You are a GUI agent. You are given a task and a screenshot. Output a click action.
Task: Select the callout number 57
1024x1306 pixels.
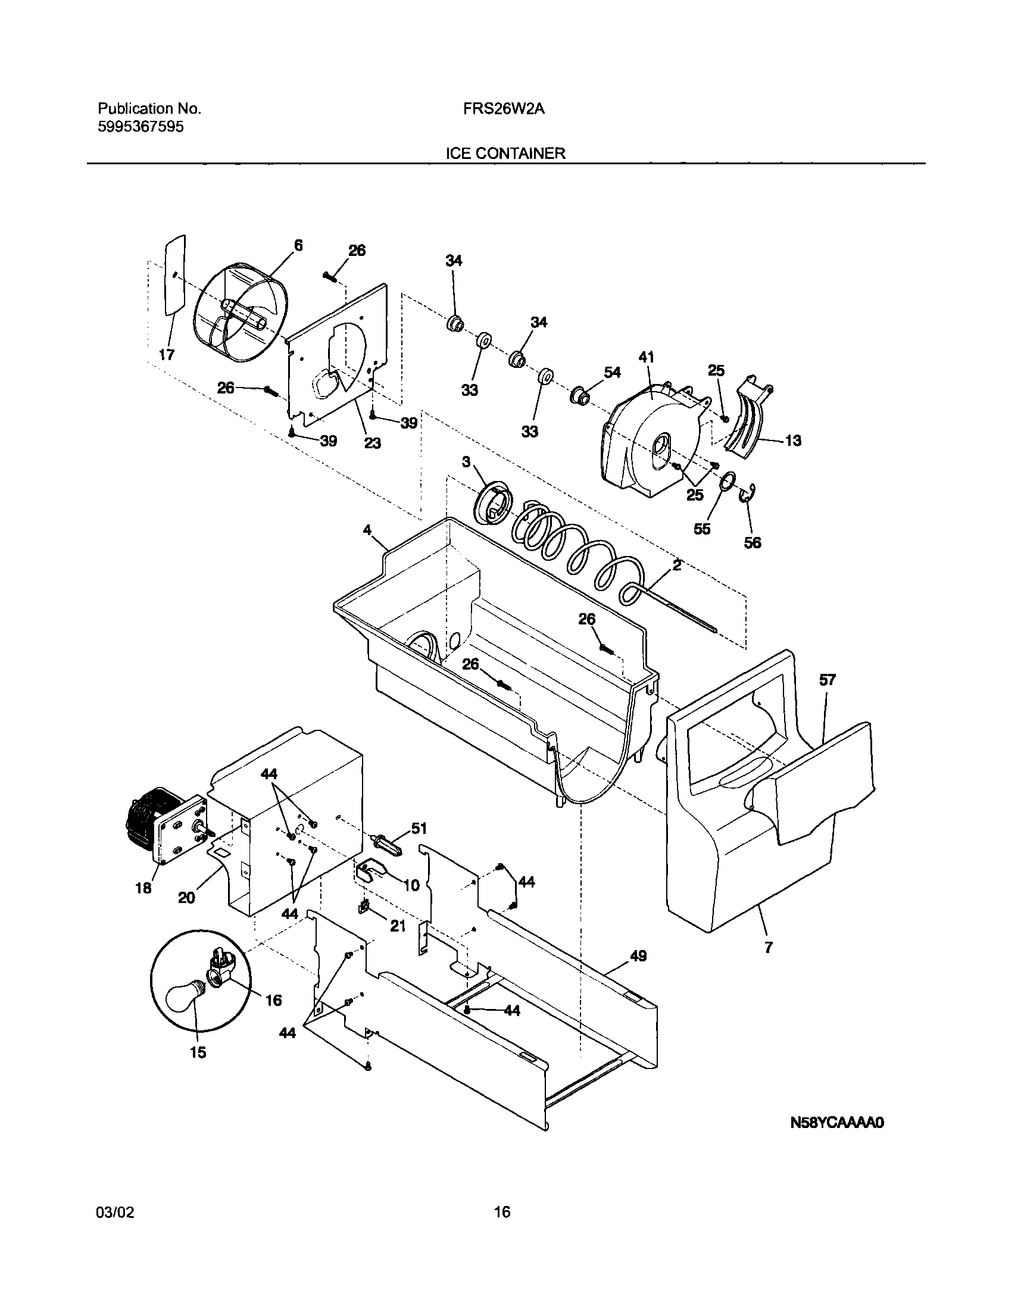pos(828,680)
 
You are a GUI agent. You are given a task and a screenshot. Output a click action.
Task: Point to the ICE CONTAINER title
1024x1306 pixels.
pos(505,154)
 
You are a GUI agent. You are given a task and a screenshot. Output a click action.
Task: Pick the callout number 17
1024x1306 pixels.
pos(166,355)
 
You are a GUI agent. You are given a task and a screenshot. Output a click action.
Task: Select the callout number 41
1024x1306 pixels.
pos(646,358)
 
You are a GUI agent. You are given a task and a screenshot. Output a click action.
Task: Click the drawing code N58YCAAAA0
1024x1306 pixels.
pos(838,1123)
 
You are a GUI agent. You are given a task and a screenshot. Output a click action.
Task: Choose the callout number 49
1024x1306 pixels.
pos(638,956)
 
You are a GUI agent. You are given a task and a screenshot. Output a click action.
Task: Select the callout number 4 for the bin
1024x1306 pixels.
pos(367,530)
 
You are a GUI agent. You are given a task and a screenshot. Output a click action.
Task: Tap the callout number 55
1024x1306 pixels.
pos(702,529)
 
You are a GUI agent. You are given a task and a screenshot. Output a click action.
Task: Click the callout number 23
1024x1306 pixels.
pos(372,443)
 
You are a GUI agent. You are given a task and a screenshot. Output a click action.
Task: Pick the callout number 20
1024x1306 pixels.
pos(186,898)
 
